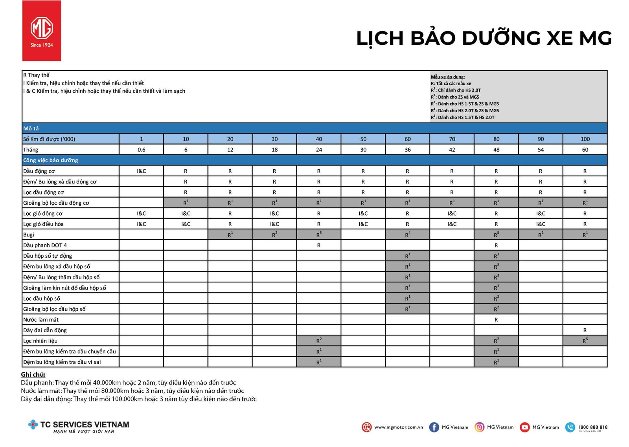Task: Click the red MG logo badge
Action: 42,31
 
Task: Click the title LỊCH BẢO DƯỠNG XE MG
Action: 484,38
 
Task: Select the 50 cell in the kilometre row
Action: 363,139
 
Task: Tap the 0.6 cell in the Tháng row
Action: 142,150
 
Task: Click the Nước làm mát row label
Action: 41,320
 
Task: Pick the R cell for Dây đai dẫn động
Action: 585,330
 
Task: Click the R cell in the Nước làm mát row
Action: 496,320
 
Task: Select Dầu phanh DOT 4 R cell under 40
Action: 319,245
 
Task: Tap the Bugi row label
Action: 29,234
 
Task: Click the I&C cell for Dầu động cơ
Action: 142,171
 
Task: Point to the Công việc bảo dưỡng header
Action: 51,160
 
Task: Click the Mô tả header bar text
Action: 31,128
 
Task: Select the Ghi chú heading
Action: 33,374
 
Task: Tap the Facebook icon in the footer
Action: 434,427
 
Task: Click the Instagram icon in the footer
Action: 479,427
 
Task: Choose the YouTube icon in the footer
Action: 524,427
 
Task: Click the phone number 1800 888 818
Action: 592,427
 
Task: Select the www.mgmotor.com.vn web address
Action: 398,427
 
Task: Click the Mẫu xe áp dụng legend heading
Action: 448,77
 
